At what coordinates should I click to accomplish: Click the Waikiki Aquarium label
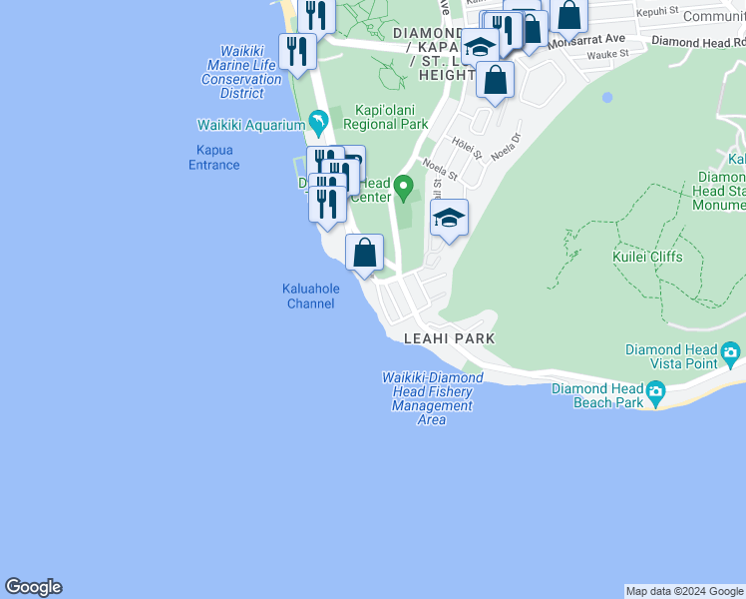(250, 125)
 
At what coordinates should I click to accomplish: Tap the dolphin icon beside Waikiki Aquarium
(318, 125)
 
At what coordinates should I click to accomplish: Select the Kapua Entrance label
(213, 158)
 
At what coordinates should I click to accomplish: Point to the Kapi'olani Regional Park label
(385, 118)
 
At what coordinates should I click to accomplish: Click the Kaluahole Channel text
(310, 296)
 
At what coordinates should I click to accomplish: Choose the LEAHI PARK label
(449, 338)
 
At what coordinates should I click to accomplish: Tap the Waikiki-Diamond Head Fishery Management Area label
(432, 398)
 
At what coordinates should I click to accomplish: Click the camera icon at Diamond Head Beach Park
(655, 393)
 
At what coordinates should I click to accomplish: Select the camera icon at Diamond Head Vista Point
(730, 353)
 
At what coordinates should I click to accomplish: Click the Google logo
(33, 587)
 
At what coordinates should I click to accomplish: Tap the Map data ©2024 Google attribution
(684, 591)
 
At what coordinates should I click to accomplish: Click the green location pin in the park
(404, 186)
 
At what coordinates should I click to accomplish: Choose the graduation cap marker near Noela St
(449, 219)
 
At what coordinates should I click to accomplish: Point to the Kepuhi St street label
(657, 11)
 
